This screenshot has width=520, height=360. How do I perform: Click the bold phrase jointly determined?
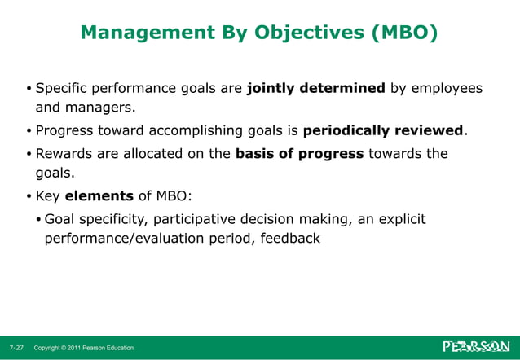pyautogui.click(x=316, y=88)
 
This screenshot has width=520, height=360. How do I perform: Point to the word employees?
pyautogui.click(x=447, y=88)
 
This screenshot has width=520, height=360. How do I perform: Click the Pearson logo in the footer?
pyautogui.click(x=476, y=347)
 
